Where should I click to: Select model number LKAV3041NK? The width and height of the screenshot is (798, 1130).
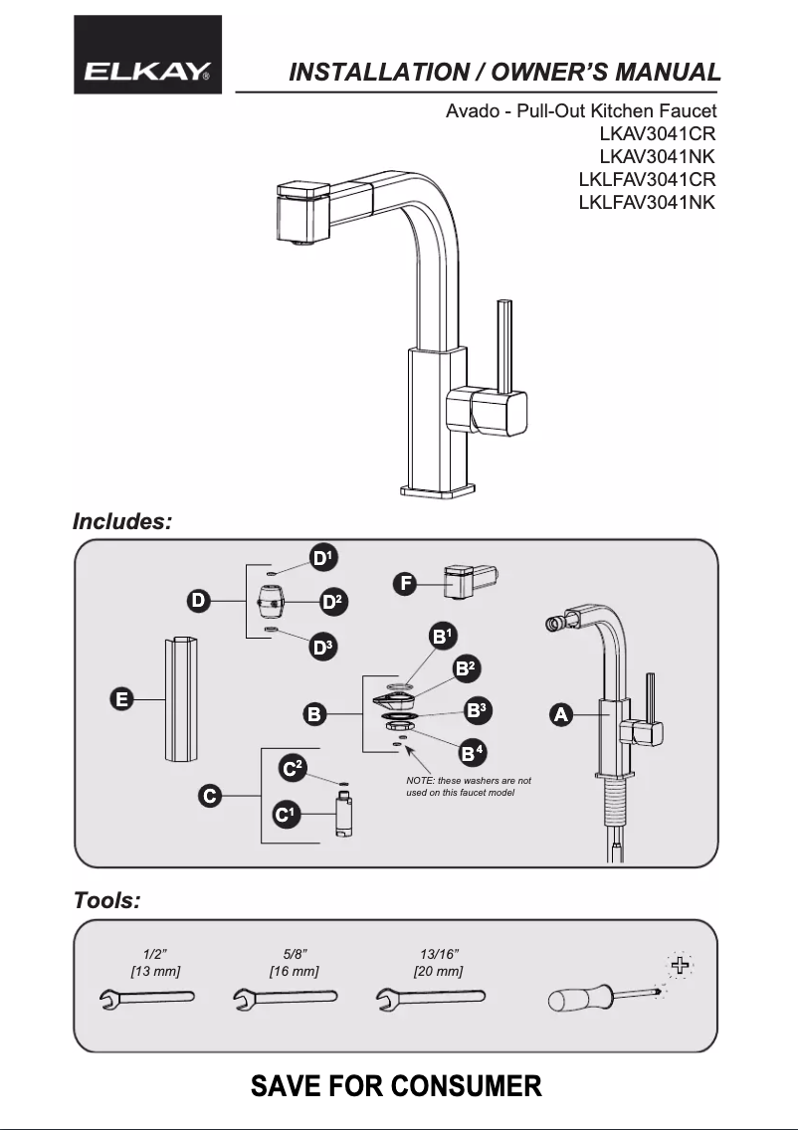pos(657,156)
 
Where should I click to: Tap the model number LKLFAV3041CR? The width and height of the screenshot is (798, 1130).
pos(647,180)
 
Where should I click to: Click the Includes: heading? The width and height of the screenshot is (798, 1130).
pos(122,521)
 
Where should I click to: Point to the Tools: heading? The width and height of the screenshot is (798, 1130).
pos(106,901)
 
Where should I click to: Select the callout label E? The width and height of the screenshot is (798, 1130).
pos(121,699)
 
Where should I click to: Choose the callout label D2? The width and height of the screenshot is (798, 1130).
pos(332,602)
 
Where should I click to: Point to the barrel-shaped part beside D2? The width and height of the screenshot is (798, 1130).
pos(271,602)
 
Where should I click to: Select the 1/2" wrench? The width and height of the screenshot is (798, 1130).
pos(147,998)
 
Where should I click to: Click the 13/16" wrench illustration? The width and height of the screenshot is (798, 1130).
pos(431,998)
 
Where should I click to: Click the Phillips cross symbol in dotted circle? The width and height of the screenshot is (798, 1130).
pos(681,965)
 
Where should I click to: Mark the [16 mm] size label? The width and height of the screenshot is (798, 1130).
pos(294,971)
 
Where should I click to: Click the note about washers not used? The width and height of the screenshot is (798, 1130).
pos(469,787)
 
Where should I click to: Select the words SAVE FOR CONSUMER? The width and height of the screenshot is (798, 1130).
pos(397,1085)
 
